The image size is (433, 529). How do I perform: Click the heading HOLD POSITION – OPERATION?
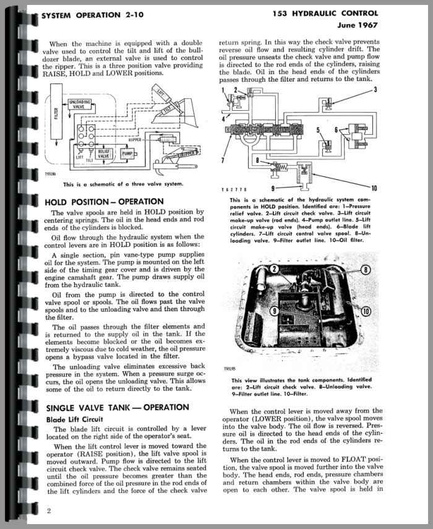click(105, 202)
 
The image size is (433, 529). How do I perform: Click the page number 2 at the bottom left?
click(49, 510)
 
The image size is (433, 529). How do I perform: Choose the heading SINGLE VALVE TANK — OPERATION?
click(118, 407)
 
